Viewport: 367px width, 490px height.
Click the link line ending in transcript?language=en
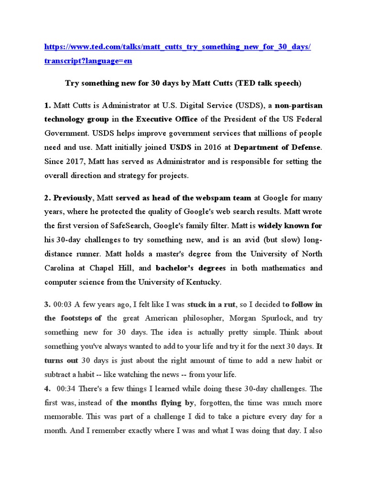pos(88,61)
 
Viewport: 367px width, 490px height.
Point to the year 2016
pos(206,147)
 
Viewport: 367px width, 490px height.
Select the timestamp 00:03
pos(63,304)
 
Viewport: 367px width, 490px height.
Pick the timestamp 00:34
pos(65,389)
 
